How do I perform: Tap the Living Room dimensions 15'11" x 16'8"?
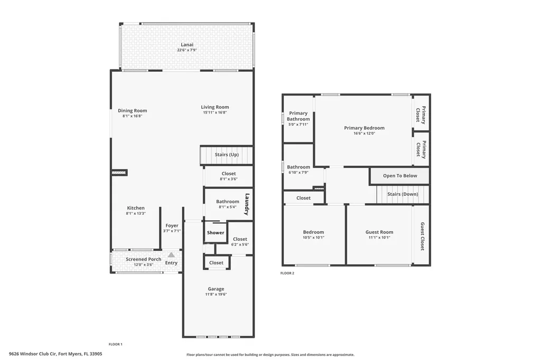216,112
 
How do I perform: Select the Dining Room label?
132,110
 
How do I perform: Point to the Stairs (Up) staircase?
227,155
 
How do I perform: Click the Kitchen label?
135,208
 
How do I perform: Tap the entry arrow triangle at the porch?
171,255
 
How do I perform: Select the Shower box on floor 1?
216,233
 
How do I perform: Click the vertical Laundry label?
246,204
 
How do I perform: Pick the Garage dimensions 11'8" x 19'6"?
216,295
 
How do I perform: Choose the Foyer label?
172,225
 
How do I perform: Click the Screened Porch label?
143,259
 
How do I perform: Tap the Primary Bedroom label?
364,128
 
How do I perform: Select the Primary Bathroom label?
298,116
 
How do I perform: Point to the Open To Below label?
400,176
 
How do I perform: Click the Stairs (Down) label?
402,194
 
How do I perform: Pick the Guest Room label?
379,232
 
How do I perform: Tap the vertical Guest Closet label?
422,236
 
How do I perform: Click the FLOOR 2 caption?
287,273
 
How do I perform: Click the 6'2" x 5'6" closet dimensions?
239,245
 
